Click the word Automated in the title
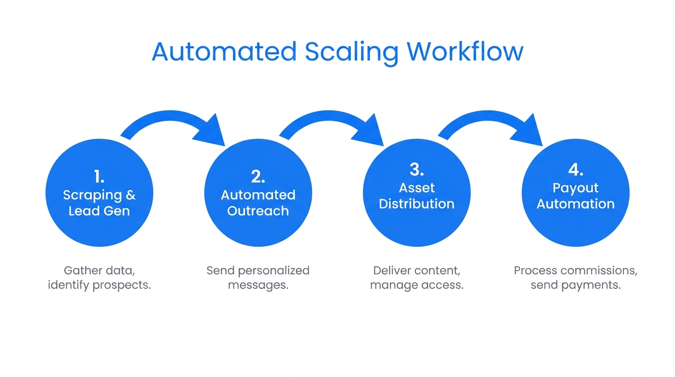point(224,52)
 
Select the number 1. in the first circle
point(99,177)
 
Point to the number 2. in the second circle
point(258,177)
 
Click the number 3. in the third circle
point(416,170)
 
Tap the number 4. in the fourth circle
point(575,170)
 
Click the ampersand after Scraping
point(130,195)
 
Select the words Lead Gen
point(99,211)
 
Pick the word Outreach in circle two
point(258,211)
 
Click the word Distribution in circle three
point(416,204)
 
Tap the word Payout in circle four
point(575,188)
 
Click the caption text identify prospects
point(99,285)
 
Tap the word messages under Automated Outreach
point(258,285)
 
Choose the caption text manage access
point(416,285)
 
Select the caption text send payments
point(575,285)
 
